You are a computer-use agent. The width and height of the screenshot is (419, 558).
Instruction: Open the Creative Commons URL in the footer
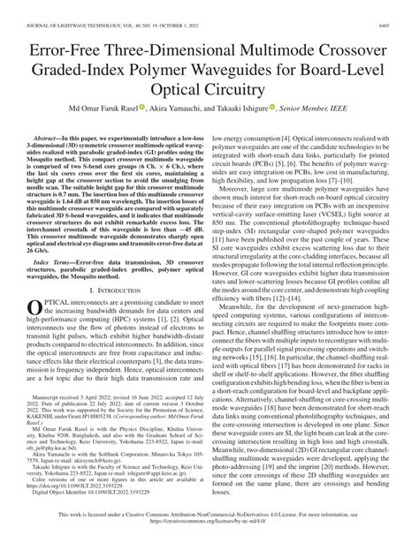click(209, 545)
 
